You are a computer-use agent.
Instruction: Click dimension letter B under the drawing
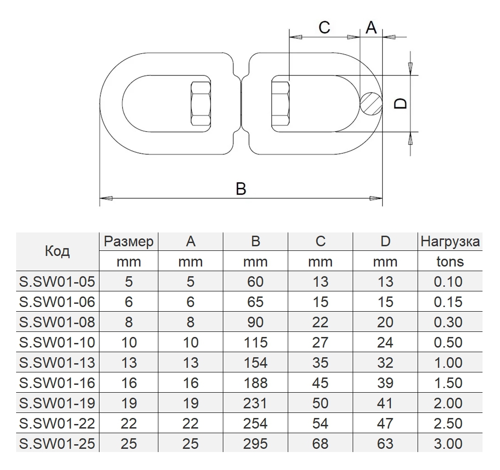point(241,189)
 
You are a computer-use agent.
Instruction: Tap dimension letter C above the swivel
point(324,28)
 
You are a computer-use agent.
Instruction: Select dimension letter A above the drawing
point(371,28)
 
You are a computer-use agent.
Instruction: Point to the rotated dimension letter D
point(401,103)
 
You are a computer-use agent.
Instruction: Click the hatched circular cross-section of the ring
point(371,103)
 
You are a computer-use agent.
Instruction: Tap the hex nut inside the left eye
point(201,104)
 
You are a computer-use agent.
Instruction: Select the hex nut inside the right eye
point(281,104)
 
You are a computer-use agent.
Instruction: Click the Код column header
point(58,251)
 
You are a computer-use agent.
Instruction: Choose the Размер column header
point(128,242)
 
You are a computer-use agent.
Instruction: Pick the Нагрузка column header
point(450,242)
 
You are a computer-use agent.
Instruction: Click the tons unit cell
point(450,261)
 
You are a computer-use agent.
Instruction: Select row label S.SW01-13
point(58,363)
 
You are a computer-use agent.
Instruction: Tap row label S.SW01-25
point(58,443)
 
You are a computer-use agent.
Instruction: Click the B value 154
point(255,363)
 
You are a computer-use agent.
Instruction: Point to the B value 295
point(255,443)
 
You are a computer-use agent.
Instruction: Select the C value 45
point(320,383)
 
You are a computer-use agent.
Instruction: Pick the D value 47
point(385,423)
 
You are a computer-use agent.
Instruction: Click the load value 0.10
point(448,282)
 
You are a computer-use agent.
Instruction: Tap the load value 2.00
point(448,403)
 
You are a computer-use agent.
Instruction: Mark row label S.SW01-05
point(58,282)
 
